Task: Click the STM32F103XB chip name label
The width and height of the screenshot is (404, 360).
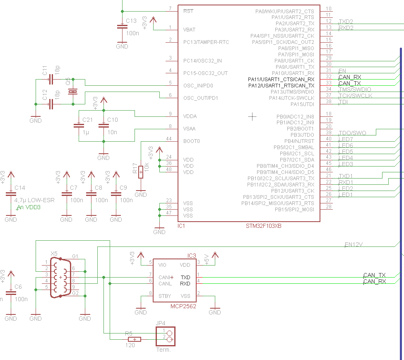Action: coord(263,227)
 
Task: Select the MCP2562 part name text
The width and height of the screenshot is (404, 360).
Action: coord(183,306)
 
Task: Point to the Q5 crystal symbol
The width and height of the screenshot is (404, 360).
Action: coord(73,92)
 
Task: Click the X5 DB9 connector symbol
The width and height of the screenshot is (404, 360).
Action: coord(60,277)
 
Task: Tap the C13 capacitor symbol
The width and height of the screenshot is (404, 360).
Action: coord(122,27)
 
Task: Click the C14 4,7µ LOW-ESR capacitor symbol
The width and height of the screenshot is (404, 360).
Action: coord(11,194)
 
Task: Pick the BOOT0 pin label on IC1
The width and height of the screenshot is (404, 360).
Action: coord(191,141)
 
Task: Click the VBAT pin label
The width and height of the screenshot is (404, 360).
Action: coord(189,30)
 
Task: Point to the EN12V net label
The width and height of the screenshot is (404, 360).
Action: coord(353,244)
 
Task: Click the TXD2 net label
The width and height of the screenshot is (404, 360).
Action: coord(346,22)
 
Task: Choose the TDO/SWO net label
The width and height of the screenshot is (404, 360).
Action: coord(352,133)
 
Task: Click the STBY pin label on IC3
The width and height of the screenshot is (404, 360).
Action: coord(165,296)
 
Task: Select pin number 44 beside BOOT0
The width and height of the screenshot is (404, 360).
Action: coord(168,138)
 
